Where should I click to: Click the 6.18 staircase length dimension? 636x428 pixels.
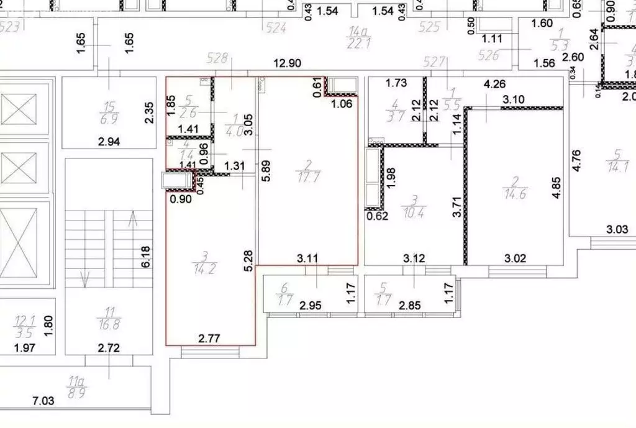pos(147,256)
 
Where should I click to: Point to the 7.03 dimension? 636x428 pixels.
pos(43,401)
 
